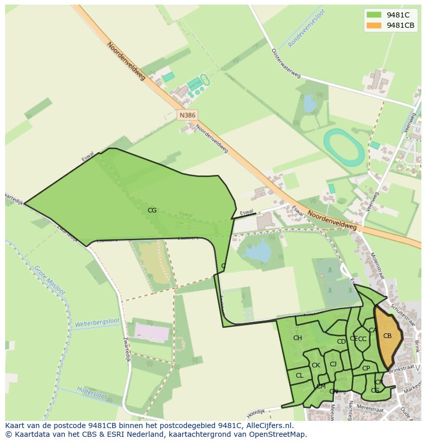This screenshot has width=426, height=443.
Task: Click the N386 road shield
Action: click(x=187, y=115)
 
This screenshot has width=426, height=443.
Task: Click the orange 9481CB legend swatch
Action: click(x=374, y=25)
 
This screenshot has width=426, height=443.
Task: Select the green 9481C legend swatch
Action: click(x=374, y=15)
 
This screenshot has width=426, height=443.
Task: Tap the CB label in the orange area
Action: click(x=387, y=336)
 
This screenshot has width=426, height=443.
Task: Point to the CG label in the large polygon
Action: click(x=152, y=210)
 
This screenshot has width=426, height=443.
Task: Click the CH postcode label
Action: click(x=297, y=338)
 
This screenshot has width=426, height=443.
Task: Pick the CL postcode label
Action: click(x=299, y=376)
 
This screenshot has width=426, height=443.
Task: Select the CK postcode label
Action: click(x=316, y=365)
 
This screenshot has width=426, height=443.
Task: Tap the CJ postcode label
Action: click(x=333, y=364)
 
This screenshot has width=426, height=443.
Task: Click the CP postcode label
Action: click(x=366, y=368)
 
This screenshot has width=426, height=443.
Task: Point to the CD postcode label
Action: click(x=341, y=342)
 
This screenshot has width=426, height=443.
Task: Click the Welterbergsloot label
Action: click(x=97, y=323)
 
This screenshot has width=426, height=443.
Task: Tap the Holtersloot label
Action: click(x=92, y=393)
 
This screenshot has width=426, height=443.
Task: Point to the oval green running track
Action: click(x=343, y=147)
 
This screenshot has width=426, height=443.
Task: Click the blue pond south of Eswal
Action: click(x=258, y=252)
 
